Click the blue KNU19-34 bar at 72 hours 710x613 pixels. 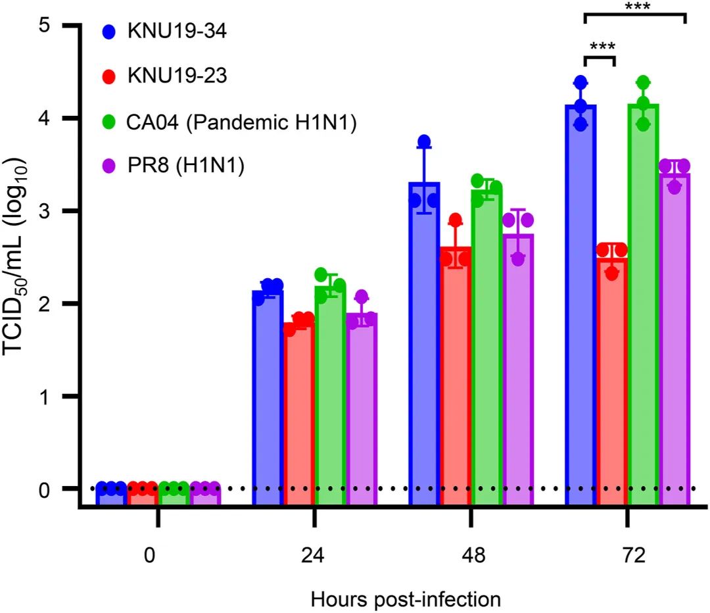tap(580, 303)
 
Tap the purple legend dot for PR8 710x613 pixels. tap(110, 167)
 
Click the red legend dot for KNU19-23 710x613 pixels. tap(110, 76)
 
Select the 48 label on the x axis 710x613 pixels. tap(470, 554)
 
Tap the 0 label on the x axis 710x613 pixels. tap(151, 554)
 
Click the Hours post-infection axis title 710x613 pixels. tap(406, 599)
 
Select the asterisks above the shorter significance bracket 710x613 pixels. tap(599, 47)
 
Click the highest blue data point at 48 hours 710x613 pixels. tap(424, 141)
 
